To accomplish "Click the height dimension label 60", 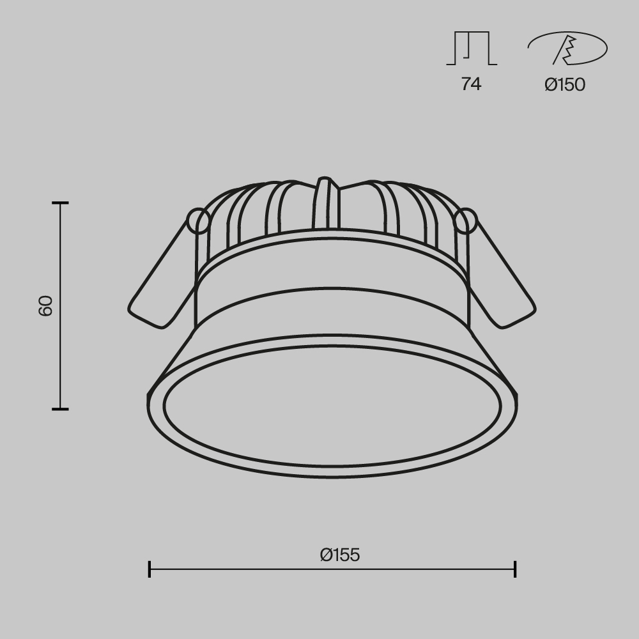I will click(x=45, y=306).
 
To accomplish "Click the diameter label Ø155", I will click(x=340, y=555).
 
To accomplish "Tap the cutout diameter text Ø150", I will click(x=565, y=84).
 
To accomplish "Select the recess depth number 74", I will click(x=471, y=84).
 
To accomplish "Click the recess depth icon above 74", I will click(x=471, y=49).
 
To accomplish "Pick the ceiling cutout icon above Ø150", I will click(x=567, y=49).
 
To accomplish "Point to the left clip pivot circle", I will click(x=199, y=221).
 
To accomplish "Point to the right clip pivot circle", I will click(x=466, y=221).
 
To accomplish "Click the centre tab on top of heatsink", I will click(x=326, y=201).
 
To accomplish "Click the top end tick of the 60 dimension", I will click(x=60, y=203).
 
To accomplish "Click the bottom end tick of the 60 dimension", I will click(x=60, y=409).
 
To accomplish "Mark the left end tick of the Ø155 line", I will click(x=150, y=569).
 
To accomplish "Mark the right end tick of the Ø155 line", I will click(x=515, y=569).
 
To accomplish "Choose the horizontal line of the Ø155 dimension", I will click(x=332, y=569).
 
